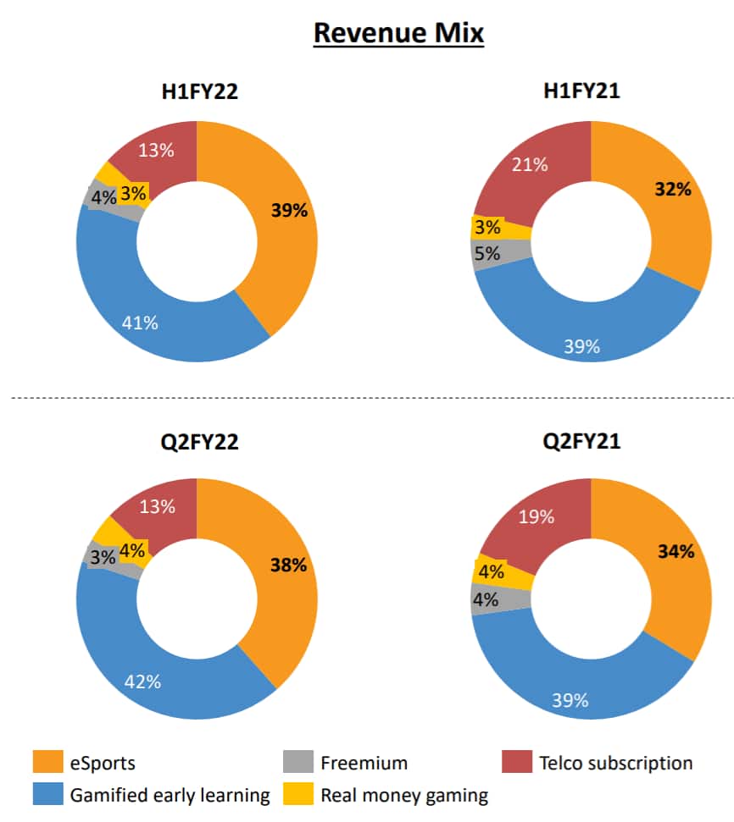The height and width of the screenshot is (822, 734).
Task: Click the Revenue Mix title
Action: click(x=398, y=34)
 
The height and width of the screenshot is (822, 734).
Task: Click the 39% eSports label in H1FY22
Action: click(x=289, y=211)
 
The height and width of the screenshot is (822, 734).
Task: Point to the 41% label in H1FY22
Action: click(x=140, y=322)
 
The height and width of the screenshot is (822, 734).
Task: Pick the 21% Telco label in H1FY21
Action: click(x=531, y=164)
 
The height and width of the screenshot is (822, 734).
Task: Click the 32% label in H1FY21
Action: click(x=673, y=189)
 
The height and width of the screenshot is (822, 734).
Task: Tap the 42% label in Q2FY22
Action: click(x=143, y=681)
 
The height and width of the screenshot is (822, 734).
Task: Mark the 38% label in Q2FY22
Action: click(x=288, y=565)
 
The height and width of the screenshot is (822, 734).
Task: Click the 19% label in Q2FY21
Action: click(x=536, y=516)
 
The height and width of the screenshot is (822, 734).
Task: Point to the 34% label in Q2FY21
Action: click(x=676, y=552)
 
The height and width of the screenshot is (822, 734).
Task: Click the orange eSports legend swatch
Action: click(x=47, y=763)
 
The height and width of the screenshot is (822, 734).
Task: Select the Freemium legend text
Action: click(x=364, y=763)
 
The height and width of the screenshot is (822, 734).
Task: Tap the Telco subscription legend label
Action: click(x=615, y=763)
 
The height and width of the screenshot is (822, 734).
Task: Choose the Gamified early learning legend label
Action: click(x=170, y=795)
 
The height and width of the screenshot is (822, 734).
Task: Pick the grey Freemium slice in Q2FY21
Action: click(x=484, y=599)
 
